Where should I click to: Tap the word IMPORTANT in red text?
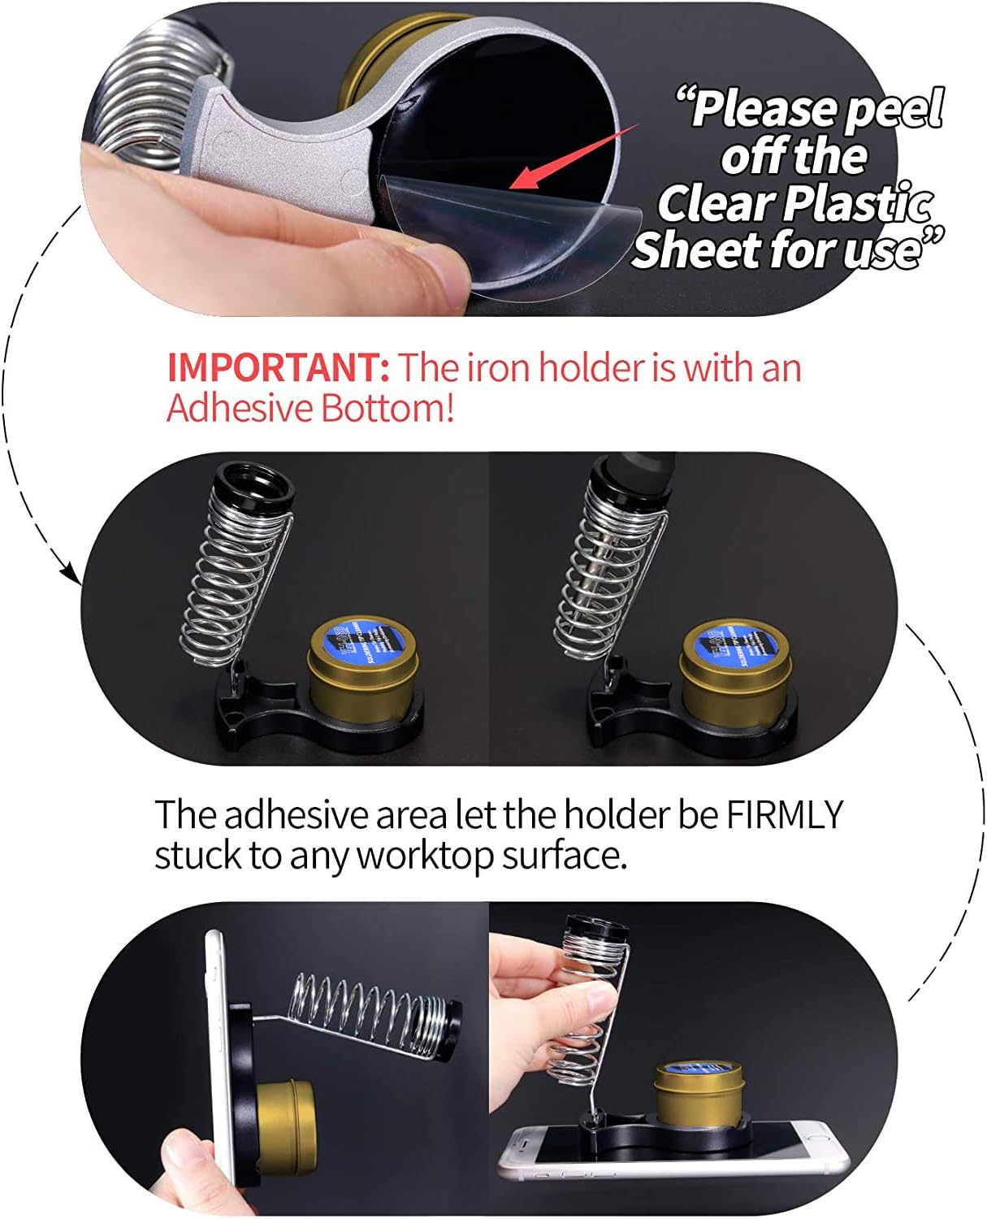point(278,367)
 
